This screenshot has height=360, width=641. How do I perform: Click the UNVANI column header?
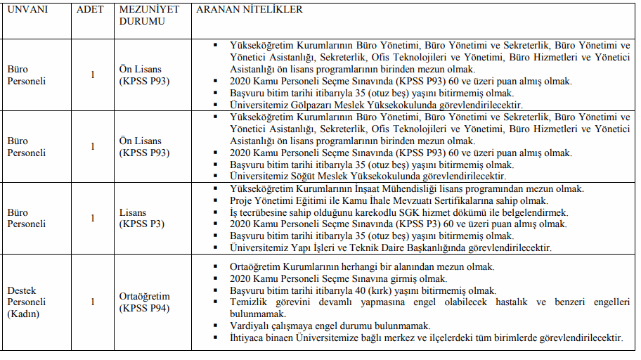pyautogui.click(x=26, y=10)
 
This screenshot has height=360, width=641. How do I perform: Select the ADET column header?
pyautogui.click(x=89, y=10)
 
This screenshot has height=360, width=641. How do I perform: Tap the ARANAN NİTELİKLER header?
pyautogui.click(x=250, y=10)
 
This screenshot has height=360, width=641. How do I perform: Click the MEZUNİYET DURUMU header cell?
pyautogui.click(x=149, y=15)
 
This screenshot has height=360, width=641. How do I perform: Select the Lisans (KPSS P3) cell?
pyautogui.click(x=143, y=218)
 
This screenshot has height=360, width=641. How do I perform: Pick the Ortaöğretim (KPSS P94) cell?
pyautogui.click(x=144, y=302)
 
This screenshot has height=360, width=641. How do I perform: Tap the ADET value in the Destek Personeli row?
pyautogui.click(x=92, y=302)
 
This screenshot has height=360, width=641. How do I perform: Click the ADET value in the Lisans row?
pyautogui.click(x=92, y=218)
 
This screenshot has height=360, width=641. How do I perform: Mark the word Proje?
pyautogui.click(x=242, y=200)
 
